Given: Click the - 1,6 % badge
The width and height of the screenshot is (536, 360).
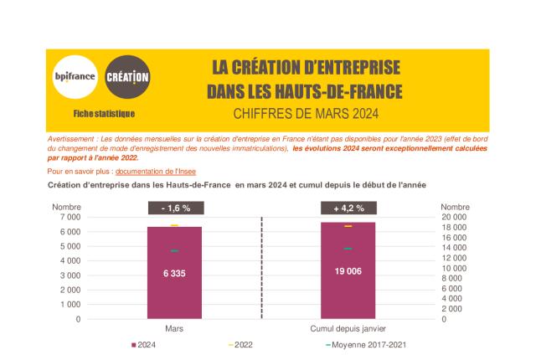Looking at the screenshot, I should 174,207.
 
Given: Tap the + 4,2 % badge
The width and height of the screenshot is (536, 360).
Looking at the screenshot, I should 348,207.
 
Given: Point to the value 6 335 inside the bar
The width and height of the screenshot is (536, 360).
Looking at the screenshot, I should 173,273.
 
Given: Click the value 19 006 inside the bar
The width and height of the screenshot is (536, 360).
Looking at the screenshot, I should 348,273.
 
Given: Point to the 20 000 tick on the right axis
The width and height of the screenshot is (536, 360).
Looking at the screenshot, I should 456,217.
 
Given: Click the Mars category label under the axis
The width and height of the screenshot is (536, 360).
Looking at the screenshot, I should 174,329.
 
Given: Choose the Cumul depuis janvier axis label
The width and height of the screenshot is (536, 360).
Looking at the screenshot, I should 348,329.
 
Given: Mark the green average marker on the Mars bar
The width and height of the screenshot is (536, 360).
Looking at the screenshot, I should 174,251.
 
